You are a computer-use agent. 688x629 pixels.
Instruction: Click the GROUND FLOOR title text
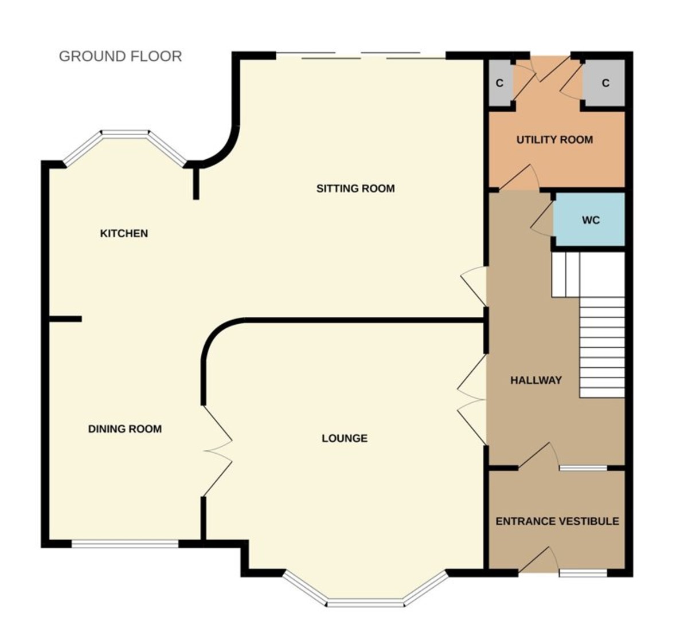tap(120, 56)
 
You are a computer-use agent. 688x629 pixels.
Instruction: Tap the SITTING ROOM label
tap(355, 188)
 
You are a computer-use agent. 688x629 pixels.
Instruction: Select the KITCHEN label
tap(124, 234)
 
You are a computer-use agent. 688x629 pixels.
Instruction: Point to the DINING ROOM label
tap(125, 429)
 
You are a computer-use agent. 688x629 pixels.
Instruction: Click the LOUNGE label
tap(345, 439)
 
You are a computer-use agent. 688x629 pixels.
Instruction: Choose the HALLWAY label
tap(536, 380)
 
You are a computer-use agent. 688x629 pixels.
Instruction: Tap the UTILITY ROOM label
tap(554, 140)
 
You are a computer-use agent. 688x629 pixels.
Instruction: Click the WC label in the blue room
tap(591, 220)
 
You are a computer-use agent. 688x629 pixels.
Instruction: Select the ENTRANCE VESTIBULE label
tap(557, 522)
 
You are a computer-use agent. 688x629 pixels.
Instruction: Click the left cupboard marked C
tap(499, 84)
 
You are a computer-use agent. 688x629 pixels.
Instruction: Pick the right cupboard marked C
tap(605, 84)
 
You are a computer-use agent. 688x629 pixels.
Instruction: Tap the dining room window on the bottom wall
tap(125, 544)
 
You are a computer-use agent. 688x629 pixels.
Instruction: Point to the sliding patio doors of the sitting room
tap(361, 56)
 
